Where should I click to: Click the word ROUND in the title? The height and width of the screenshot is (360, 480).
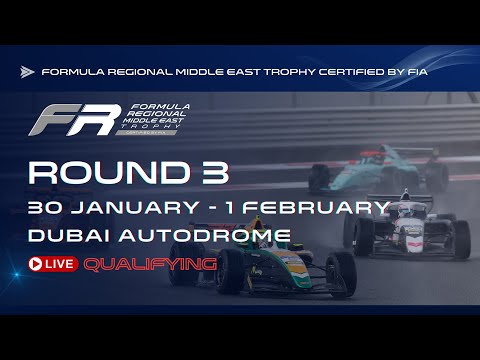87,172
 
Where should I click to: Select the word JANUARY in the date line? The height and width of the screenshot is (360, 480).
126,208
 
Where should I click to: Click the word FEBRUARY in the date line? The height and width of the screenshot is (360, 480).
323,208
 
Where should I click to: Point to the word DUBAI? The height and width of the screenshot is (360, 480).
65,237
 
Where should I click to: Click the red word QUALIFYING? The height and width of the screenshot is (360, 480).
150,264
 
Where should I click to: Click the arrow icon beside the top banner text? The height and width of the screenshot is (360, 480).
27,72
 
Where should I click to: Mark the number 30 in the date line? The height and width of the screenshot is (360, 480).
45,208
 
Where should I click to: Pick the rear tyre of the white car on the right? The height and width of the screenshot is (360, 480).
459,240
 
